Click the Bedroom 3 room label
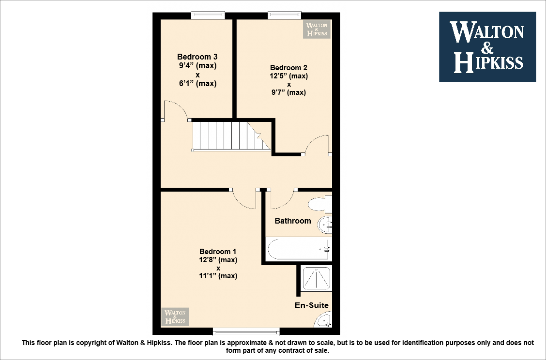[197, 57]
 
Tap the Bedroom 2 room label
[288, 68]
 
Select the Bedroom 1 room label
[218, 252]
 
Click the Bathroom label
[293, 221]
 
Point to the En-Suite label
[312, 305]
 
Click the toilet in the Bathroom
[320, 204]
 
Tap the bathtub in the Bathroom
[298, 249]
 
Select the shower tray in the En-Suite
[317, 278]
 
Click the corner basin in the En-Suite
[324, 320]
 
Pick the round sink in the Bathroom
[325, 224]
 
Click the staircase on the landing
[230, 136]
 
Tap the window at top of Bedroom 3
[208, 15]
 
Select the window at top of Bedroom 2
[285, 15]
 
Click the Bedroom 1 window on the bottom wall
[246, 331]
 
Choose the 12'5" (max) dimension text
[288, 76]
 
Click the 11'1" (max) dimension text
[218, 276]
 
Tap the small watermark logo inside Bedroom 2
[316, 29]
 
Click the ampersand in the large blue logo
[487, 47]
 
